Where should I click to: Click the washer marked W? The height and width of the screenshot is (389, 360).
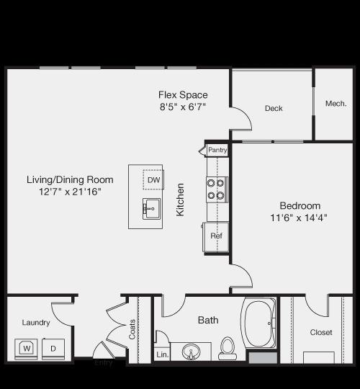[x=26, y=349]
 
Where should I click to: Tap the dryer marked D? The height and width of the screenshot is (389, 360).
[x=53, y=349]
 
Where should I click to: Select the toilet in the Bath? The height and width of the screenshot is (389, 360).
[x=228, y=349]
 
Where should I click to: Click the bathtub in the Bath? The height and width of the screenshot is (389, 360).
[x=259, y=323]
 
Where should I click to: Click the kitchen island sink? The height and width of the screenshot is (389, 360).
[x=151, y=209]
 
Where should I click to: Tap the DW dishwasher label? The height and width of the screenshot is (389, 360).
[x=153, y=180]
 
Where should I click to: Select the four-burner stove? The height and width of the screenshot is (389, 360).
[x=217, y=189]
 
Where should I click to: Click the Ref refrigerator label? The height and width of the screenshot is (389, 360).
[x=216, y=236]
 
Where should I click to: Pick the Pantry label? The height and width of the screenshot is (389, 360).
[x=217, y=150]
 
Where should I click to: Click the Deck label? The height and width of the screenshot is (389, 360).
[x=274, y=108]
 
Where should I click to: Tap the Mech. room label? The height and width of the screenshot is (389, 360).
[x=336, y=104]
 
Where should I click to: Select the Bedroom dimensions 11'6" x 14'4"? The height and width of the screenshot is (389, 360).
[x=299, y=218]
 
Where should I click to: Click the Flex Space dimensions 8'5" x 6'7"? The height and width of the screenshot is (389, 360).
[x=183, y=107]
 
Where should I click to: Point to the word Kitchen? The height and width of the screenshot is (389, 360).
[x=180, y=200]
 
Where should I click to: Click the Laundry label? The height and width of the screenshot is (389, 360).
[x=36, y=323]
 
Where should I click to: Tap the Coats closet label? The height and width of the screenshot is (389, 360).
[x=132, y=329]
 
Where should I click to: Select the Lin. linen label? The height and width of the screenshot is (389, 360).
[x=163, y=354]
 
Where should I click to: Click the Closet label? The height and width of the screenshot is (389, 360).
[x=321, y=332]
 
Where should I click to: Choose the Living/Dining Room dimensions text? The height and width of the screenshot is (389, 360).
[x=70, y=192]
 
